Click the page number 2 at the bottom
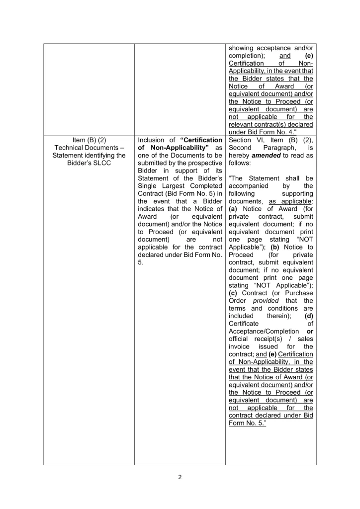pos(180,478)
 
